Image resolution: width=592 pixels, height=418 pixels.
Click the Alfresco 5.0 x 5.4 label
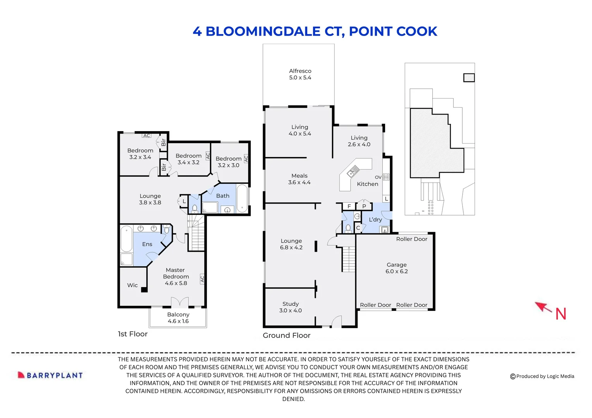click(300, 74)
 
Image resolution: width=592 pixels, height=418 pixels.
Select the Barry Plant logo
click(50, 375)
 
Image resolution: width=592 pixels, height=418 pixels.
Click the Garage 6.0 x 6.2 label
click(396, 268)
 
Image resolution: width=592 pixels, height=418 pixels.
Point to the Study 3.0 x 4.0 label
click(290, 307)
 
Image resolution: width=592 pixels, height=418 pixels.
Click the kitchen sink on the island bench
click(353, 171)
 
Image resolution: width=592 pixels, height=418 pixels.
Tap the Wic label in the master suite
click(132, 285)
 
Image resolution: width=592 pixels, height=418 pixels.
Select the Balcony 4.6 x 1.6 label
click(178, 318)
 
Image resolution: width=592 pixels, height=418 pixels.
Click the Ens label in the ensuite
click(147, 244)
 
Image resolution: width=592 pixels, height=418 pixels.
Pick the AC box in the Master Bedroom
click(202, 279)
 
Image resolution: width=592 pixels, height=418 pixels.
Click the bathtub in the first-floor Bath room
click(242, 198)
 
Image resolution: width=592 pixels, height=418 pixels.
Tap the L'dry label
click(375, 219)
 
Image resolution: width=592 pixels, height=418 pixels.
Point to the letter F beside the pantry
click(349, 206)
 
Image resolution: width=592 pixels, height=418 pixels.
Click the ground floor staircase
click(348, 259)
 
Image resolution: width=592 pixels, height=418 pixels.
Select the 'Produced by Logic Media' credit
click(542, 376)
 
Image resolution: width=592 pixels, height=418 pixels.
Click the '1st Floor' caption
click(133, 334)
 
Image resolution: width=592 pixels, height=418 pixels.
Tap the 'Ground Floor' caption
click(286, 336)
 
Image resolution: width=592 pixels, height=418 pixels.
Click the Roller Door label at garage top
click(411, 239)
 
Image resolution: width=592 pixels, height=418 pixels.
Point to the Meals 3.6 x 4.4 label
click(299, 179)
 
